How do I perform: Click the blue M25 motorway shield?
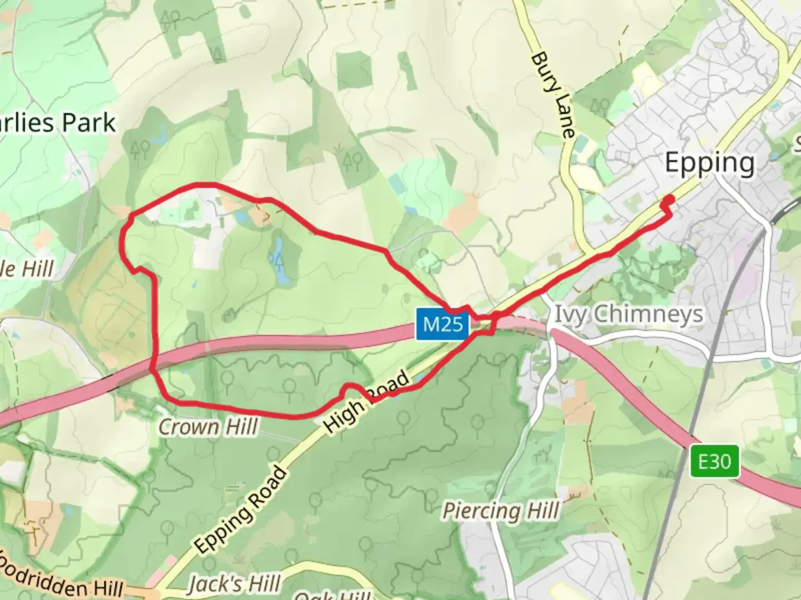(x=443, y=324)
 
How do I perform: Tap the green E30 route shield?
(x=715, y=461)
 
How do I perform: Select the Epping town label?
(x=710, y=163)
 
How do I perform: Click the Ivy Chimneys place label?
(x=629, y=314)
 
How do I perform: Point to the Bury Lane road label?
(x=552, y=94)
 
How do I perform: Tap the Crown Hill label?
(x=209, y=427)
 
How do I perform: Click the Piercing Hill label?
(x=501, y=511)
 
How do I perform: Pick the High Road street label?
(x=367, y=401)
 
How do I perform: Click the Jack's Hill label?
(x=234, y=584)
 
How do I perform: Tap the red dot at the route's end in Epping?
(x=670, y=199)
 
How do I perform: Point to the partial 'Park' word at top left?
(x=89, y=123)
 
